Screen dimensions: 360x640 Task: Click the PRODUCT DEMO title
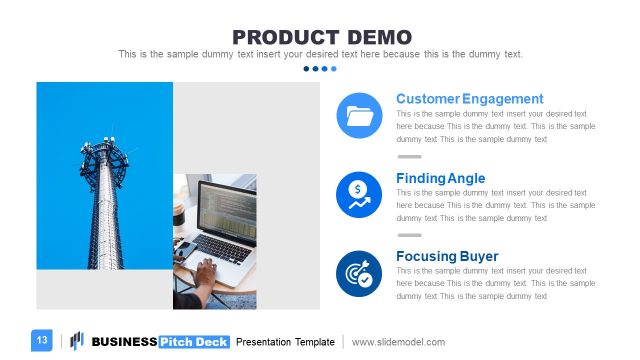[x=320, y=36]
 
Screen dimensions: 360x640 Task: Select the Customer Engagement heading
[x=469, y=99]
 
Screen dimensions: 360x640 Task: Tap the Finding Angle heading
[x=440, y=178]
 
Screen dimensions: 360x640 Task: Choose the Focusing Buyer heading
[x=446, y=256]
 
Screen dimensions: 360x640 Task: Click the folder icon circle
[x=359, y=116]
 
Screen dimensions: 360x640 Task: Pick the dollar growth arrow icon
[x=359, y=194]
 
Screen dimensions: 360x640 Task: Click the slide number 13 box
[x=42, y=341]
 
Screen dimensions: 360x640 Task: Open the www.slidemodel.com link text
[x=398, y=342]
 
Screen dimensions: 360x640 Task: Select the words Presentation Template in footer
[x=285, y=342]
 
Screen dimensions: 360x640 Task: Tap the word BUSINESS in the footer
[x=124, y=342]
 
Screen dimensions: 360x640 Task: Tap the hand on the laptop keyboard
[x=205, y=273]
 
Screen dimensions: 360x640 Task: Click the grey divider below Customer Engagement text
[x=410, y=157]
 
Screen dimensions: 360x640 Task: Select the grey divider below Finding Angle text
[x=410, y=235]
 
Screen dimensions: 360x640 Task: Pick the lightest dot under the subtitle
[x=334, y=69]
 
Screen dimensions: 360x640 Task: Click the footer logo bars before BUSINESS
[x=76, y=341]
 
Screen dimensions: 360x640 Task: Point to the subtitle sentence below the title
[x=320, y=54]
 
